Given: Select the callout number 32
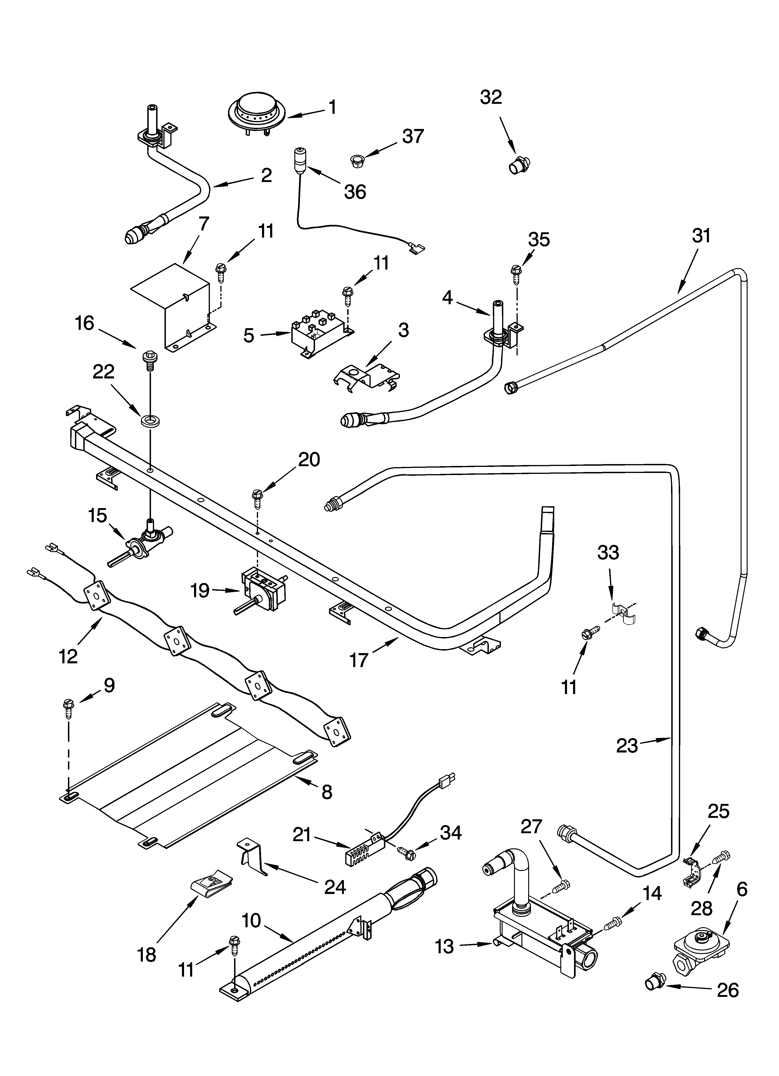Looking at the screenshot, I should pyautogui.click(x=490, y=97).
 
